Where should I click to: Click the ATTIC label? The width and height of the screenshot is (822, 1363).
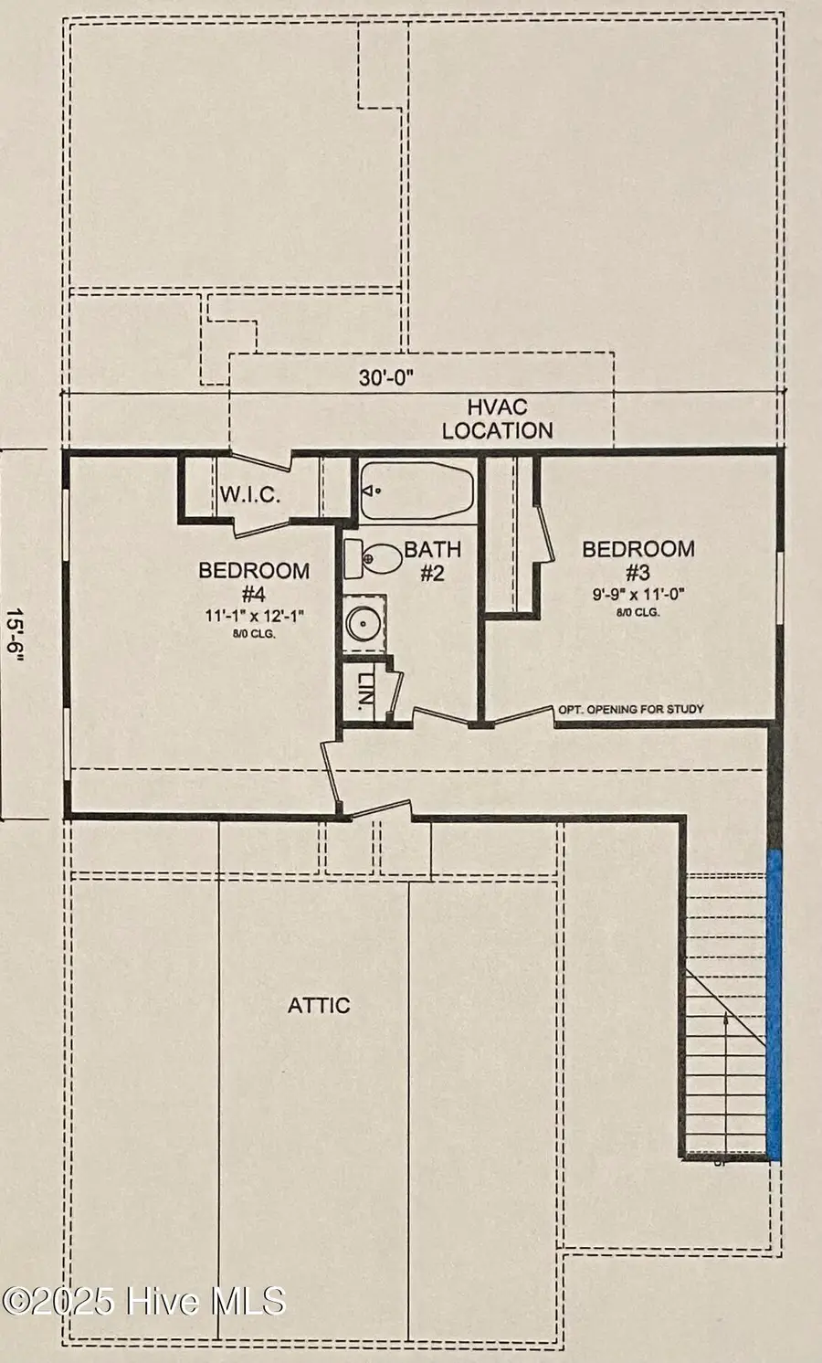pos(319,1005)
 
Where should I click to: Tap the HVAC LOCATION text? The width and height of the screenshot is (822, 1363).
pos(497,418)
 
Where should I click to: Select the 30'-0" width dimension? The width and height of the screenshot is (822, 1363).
pos(385,378)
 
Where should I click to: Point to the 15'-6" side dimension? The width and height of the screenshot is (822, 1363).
pos(16,634)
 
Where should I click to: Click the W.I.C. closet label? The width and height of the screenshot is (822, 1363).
pos(250,495)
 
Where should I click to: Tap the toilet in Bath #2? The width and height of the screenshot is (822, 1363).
pos(373,558)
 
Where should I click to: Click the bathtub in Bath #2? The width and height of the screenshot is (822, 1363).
pos(416,491)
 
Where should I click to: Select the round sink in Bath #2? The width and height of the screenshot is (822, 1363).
pos(364,623)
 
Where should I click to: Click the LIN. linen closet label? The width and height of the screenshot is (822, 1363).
pos(364,692)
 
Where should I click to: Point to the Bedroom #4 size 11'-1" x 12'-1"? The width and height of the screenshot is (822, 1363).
pos(254,616)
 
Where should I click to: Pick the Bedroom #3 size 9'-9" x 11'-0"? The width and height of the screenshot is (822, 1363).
pos(638,594)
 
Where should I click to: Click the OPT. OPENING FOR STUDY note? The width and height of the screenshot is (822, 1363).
pos(631,709)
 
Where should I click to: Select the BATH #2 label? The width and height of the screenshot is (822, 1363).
pos(432,561)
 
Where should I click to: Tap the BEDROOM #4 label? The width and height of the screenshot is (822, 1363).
pos(254,581)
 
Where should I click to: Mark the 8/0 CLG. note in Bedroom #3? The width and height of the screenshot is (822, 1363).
pos(638,612)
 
